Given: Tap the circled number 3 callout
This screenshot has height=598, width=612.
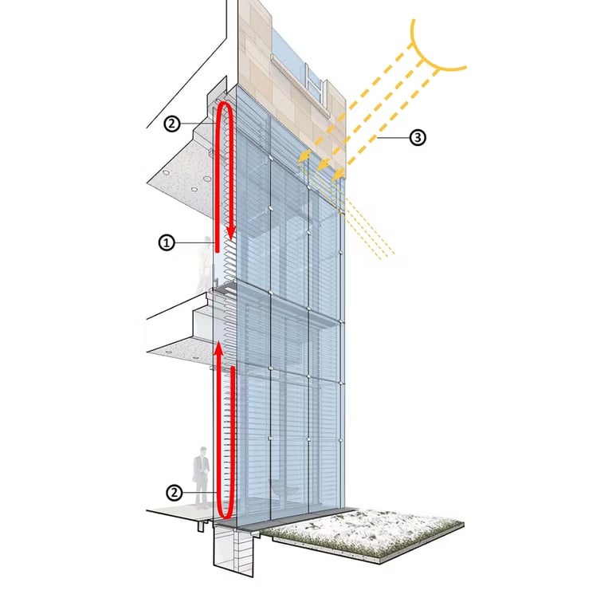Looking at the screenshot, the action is (417, 138).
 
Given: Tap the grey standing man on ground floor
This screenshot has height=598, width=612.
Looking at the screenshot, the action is (202, 474).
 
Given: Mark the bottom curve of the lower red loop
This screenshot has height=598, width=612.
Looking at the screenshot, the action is (224, 511).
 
